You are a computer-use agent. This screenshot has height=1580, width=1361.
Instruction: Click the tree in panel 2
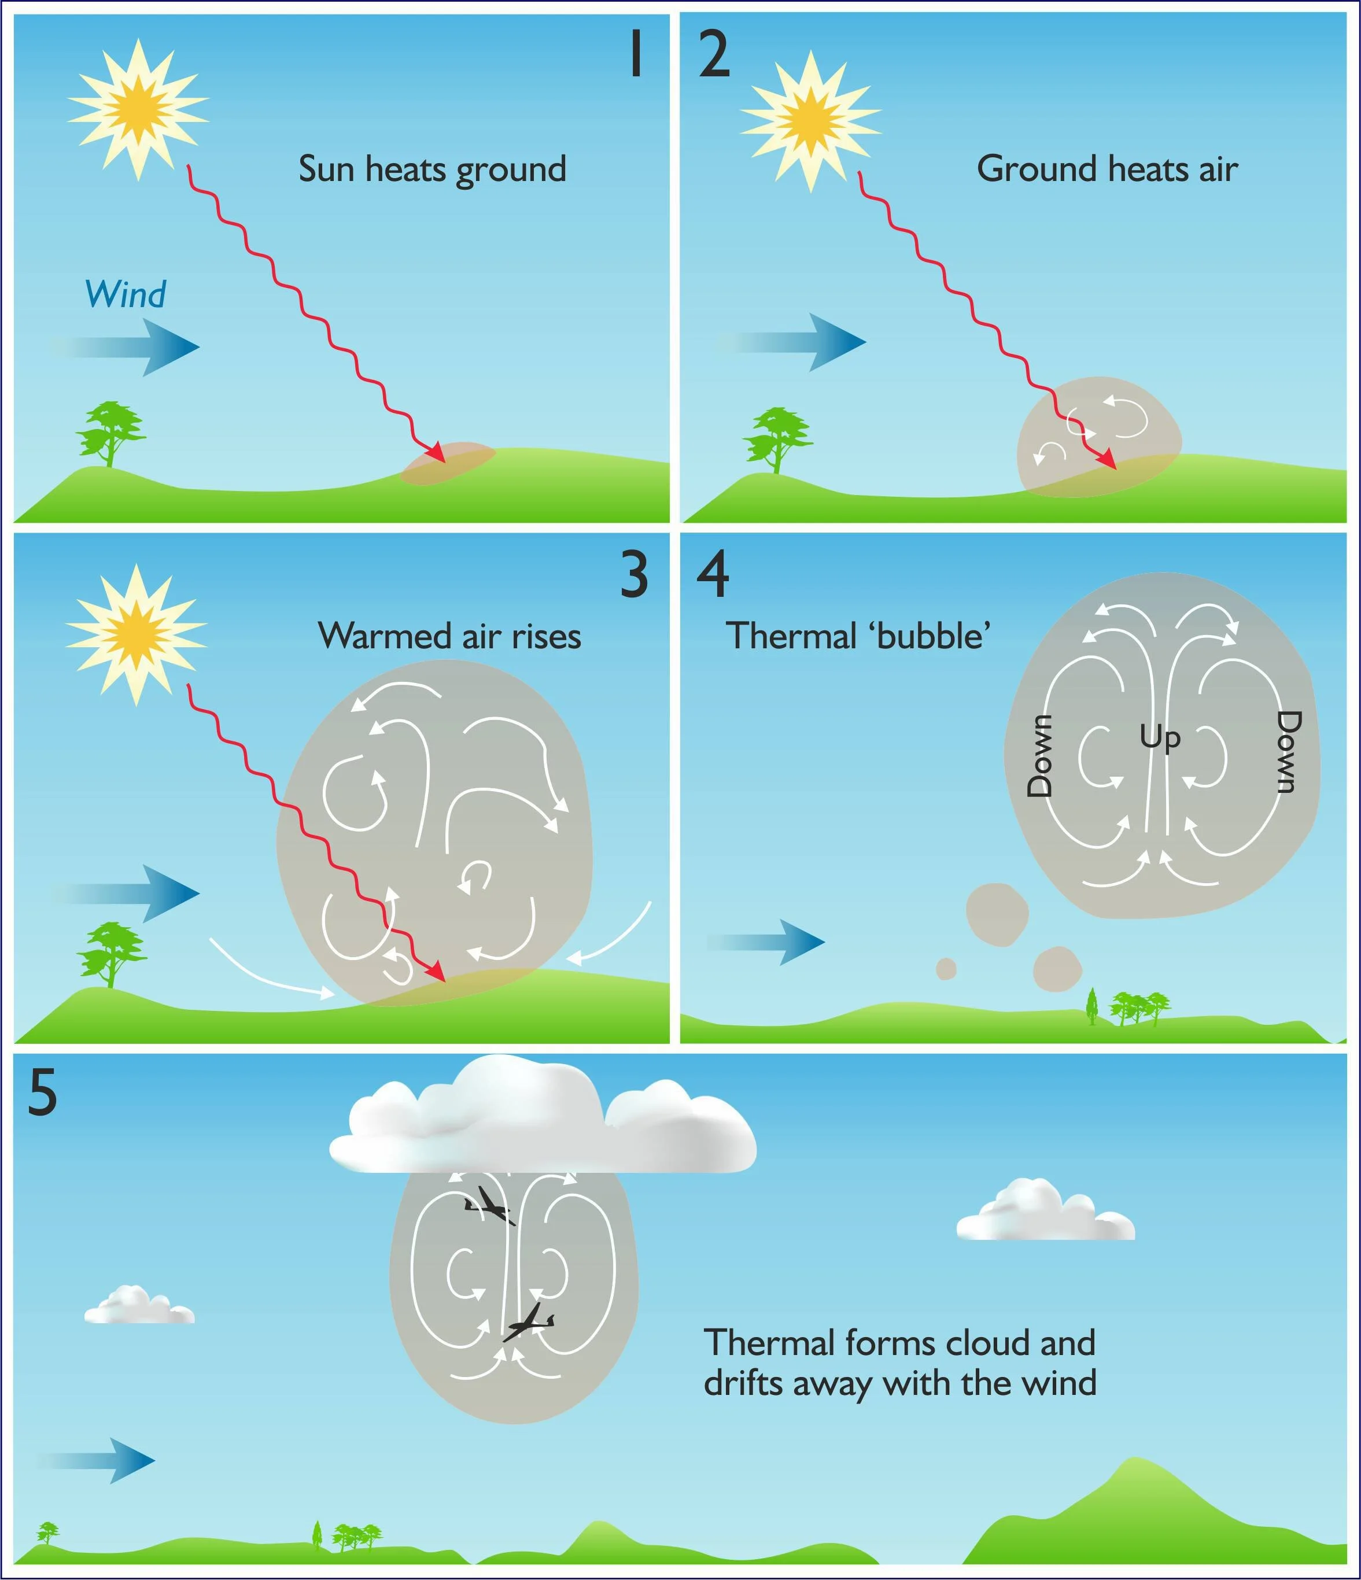point(778,438)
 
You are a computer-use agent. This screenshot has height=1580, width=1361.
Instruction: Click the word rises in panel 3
point(546,636)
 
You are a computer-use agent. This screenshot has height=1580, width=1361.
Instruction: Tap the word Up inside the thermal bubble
point(1160,738)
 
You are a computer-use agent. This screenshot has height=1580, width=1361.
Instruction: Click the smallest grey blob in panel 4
point(946,969)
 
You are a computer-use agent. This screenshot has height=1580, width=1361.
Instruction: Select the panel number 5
point(43,1092)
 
